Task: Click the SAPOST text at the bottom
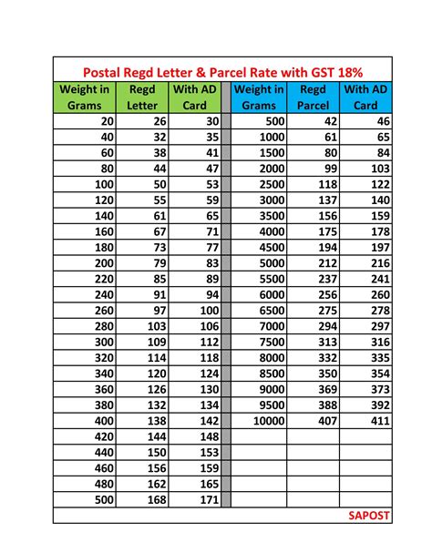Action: tap(369, 515)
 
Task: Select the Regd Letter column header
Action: tap(141, 97)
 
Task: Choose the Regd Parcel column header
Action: tap(313, 97)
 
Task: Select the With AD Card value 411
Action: tap(378, 421)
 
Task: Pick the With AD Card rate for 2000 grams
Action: tap(378, 169)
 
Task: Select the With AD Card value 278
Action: tap(378, 311)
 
